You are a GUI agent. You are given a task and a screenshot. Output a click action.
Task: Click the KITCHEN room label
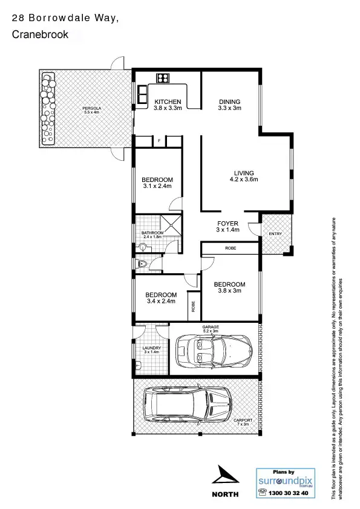(x=167, y=102)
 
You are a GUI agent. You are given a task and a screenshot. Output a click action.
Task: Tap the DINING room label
(x=229, y=102)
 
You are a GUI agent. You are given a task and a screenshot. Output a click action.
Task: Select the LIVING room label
(x=244, y=173)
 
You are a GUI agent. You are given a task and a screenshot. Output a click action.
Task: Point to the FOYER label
(x=227, y=224)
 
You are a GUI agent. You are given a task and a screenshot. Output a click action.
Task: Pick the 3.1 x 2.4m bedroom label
(x=157, y=180)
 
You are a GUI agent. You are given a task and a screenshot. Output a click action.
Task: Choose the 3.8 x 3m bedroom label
(x=229, y=285)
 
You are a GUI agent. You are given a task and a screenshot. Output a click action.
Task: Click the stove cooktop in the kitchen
(x=162, y=77)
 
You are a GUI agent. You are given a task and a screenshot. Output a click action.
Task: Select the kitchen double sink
(x=143, y=94)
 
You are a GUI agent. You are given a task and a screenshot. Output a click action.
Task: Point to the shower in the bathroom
(x=172, y=225)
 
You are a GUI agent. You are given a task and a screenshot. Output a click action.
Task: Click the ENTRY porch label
(x=275, y=234)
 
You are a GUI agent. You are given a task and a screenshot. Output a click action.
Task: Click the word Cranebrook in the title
(x=40, y=36)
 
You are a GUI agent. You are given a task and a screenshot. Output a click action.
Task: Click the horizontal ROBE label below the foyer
(x=230, y=248)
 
